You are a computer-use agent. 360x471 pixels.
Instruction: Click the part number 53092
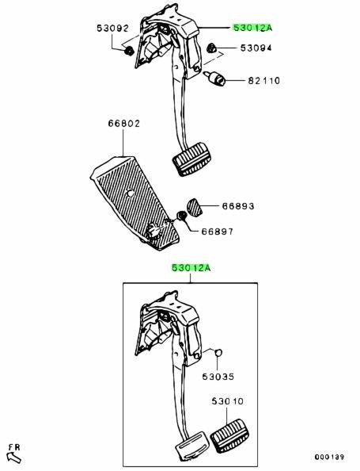(x=112, y=29)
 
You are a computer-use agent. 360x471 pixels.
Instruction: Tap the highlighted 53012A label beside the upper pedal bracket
(x=252, y=28)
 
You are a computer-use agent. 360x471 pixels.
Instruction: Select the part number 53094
(x=256, y=48)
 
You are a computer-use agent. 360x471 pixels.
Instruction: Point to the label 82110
(x=263, y=81)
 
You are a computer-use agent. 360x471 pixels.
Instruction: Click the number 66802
(x=123, y=124)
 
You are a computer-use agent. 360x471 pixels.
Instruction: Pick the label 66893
(x=238, y=206)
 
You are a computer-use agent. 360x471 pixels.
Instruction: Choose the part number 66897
(x=217, y=232)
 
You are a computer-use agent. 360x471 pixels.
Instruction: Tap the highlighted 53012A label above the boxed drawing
(x=191, y=268)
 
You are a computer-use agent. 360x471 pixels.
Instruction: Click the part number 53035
(x=218, y=377)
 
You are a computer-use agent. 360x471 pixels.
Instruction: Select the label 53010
(x=228, y=401)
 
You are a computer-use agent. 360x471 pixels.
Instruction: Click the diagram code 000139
(x=329, y=457)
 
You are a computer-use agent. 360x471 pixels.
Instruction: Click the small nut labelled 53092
(x=129, y=51)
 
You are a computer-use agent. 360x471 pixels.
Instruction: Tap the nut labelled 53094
(x=211, y=48)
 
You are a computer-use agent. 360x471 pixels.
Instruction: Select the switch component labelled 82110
(x=215, y=78)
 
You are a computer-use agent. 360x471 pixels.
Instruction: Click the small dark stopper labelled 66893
(x=195, y=207)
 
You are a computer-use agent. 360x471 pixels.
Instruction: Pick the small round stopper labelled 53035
(x=219, y=352)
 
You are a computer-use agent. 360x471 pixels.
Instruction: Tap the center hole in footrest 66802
(x=130, y=193)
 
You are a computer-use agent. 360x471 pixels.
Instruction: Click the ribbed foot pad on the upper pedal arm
(x=191, y=159)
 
